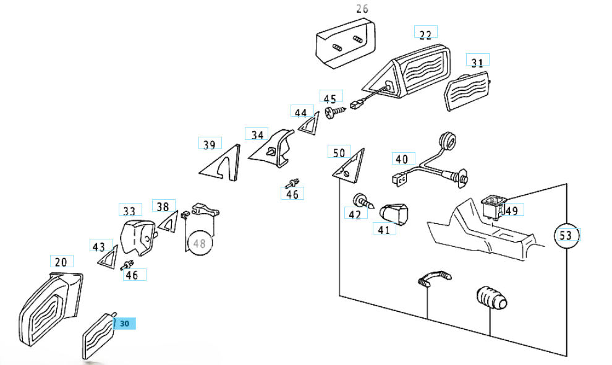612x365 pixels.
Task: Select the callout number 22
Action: click(425, 35)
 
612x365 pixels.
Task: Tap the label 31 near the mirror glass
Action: click(477, 62)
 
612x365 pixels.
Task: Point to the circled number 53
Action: click(566, 235)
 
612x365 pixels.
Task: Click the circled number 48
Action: click(199, 244)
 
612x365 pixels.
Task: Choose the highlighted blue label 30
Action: click(124, 323)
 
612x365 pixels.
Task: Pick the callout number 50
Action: click(339, 153)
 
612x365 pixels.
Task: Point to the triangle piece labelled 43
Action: click(108, 257)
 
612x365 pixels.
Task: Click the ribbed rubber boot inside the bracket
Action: click(491, 300)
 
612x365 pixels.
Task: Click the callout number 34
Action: click(257, 134)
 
